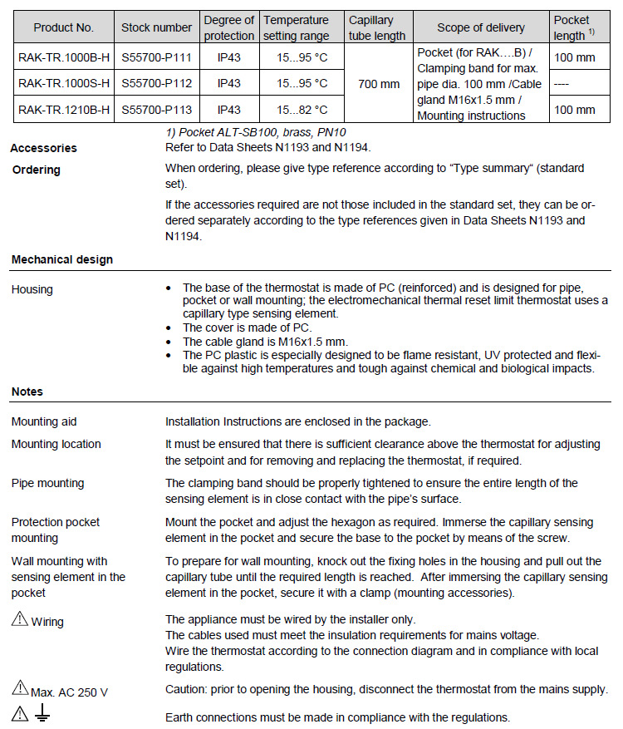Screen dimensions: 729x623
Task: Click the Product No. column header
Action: [x=64, y=27]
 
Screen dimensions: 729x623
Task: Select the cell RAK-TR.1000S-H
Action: [x=64, y=83]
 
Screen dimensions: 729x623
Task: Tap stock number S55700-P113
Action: [x=156, y=110]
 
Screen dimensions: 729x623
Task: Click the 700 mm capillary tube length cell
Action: [x=379, y=84]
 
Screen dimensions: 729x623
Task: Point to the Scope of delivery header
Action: [x=480, y=27]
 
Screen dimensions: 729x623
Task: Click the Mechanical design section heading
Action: [x=62, y=259]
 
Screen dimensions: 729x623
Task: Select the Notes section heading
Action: [x=27, y=392]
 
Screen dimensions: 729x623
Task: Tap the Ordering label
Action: [x=37, y=170]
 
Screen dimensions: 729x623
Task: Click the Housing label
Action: [x=32, y=289]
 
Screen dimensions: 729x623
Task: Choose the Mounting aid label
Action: [x=44, y=421]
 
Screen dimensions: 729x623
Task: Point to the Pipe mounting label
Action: [x=47, y=483]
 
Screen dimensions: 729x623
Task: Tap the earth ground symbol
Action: [x=42, y=714]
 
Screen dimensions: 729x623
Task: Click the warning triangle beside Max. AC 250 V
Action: [x=19, y=687]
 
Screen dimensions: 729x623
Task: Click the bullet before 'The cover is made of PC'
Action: [x=169, y=328]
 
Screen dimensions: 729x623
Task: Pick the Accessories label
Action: [x=43, y=148]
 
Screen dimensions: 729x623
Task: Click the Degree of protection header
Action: [x=229, y=27]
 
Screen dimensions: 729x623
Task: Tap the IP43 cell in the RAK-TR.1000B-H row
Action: [x=229, y=57]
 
